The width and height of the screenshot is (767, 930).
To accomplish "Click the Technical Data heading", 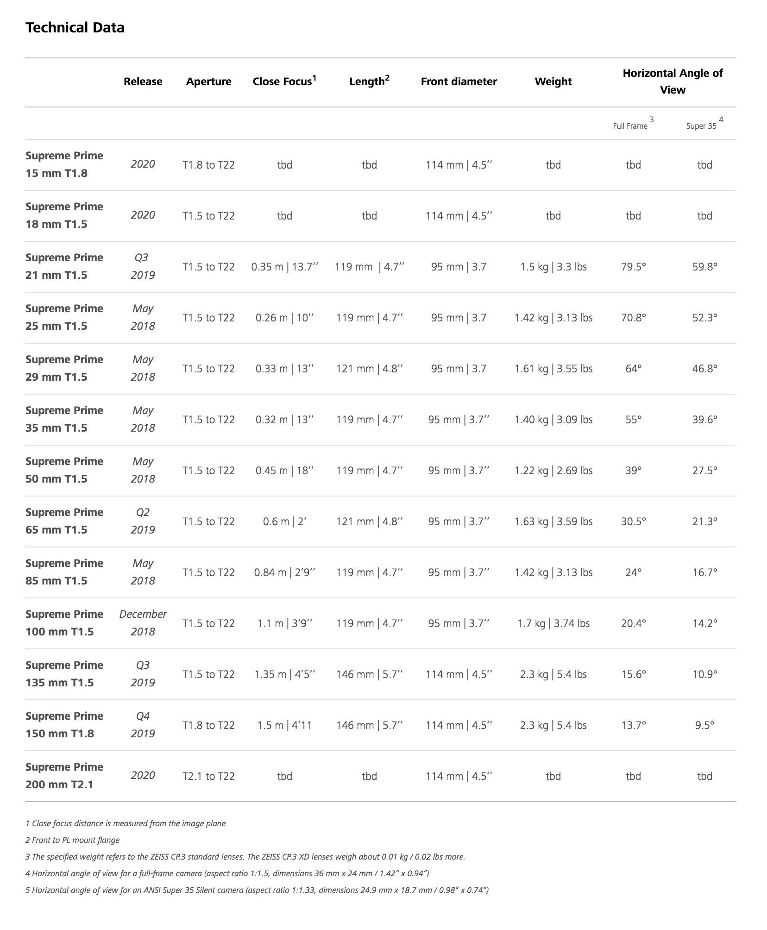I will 75,28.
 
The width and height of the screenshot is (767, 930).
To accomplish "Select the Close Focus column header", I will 284,82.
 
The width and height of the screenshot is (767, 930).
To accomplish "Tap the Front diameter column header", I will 459,82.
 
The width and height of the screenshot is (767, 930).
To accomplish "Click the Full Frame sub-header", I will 630,126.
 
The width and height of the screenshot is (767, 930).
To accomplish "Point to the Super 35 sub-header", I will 701,126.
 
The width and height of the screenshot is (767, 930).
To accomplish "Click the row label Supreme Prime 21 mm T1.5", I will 64,266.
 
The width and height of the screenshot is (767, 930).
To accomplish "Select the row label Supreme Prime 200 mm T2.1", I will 64,776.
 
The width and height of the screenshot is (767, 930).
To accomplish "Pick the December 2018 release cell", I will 143,623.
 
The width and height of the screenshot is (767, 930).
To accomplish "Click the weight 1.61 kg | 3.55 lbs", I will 553,369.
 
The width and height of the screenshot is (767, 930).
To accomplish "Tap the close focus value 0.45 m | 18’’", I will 284,471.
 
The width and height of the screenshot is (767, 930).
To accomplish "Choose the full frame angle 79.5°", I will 633,267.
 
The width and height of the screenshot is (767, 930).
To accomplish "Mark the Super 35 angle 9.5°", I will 704,725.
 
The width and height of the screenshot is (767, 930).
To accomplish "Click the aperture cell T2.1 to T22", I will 208,776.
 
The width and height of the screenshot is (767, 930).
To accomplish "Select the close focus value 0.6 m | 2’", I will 284,522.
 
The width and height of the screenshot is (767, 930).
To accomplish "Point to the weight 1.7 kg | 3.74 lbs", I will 553,623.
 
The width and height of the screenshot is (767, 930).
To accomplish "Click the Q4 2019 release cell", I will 143,725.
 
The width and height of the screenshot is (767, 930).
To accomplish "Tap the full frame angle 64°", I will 633,369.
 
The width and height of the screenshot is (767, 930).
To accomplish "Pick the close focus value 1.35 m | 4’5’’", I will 284,674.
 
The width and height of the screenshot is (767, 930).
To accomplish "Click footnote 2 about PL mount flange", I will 73,840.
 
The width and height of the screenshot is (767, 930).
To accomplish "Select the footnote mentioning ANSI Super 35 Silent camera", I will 257,890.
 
